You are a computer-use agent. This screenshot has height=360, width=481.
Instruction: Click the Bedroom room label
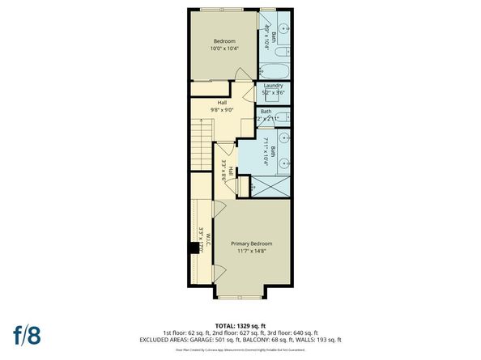click(x=224, y=40)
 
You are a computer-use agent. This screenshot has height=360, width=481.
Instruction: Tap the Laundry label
click(x=272, y=87)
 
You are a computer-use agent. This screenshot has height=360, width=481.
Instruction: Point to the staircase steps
click(x=202, y=146)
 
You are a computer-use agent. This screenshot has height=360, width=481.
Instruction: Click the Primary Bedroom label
click(x=251, y=244)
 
